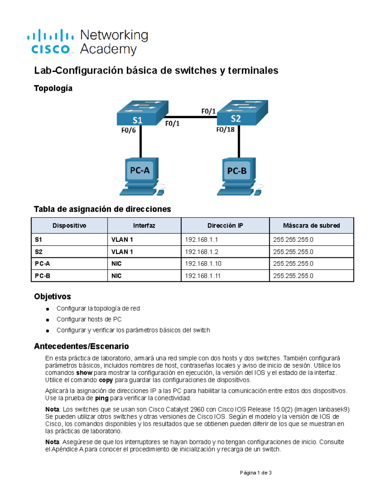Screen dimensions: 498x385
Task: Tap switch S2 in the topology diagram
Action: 242,112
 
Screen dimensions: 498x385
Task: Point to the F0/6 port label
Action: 128,130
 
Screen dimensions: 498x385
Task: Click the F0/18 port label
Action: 225,130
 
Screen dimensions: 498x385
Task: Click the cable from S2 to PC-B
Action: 239,141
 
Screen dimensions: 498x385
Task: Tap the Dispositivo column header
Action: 69,225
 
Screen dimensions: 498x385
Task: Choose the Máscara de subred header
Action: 311,225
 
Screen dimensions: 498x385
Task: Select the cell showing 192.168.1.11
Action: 203,276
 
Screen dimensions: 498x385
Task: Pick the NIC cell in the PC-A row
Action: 116,264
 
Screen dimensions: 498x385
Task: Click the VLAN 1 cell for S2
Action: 122,252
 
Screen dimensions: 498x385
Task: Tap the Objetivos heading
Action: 52,296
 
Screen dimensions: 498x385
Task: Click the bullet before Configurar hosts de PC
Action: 47,320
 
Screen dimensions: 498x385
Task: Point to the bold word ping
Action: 102,398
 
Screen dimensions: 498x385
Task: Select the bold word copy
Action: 106,380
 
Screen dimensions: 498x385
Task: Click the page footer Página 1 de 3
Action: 256,473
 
